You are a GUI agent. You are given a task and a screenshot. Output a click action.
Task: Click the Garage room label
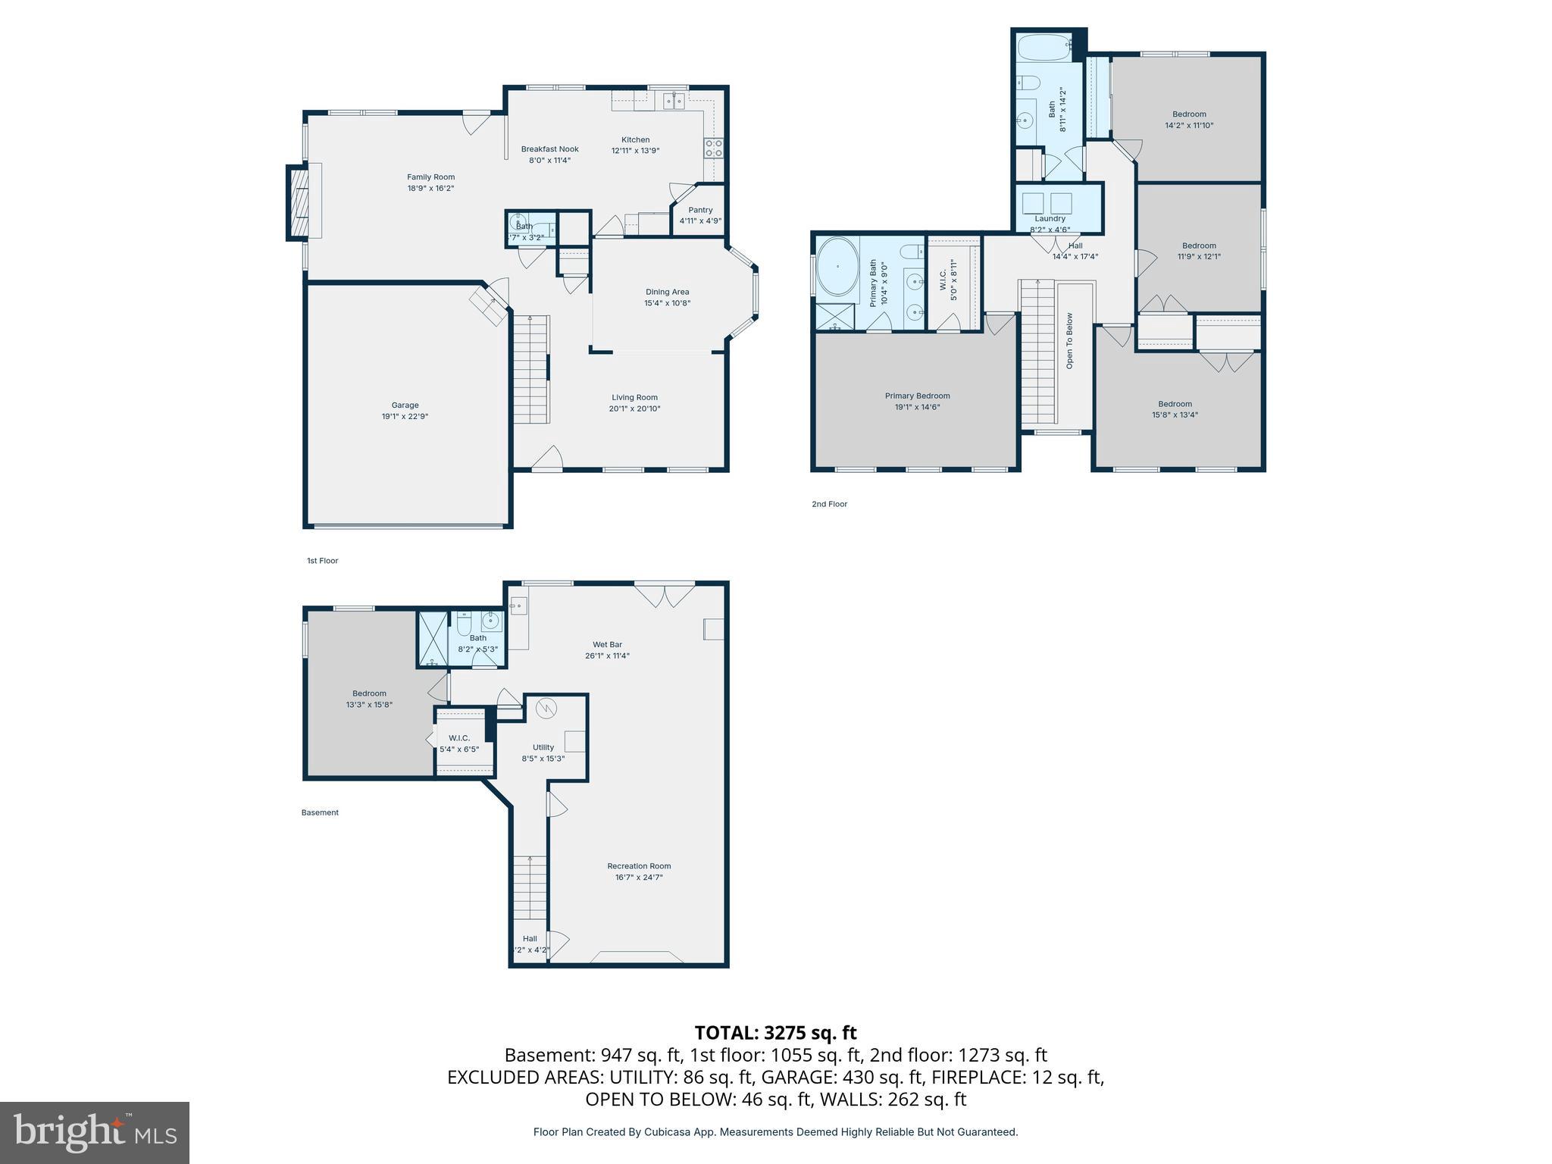coord(405,405)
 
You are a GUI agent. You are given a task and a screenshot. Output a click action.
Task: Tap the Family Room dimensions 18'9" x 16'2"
coord(430,189)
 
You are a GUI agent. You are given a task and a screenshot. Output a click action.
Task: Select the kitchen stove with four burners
coord(713,148)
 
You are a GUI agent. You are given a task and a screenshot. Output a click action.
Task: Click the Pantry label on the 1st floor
coord(700,211)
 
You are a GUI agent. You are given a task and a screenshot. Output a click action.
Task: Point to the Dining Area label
coord(667,292)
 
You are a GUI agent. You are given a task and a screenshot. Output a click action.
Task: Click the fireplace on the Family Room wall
coord(299,202)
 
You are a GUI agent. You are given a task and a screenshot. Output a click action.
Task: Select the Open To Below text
coord(1069,341)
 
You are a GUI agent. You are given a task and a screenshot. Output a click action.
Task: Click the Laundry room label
coord(1050,219)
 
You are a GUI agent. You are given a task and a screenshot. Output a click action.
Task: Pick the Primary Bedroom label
coord(917,396)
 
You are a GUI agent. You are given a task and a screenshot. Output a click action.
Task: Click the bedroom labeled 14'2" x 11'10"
coord(1189,120)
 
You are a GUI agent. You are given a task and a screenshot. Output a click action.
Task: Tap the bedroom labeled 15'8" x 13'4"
coord(1175,409)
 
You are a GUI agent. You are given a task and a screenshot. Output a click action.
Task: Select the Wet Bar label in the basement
coord(607,645)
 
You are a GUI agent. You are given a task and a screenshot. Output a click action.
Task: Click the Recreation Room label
coord(639,866)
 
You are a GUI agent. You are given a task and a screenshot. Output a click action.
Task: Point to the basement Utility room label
coord(543,748)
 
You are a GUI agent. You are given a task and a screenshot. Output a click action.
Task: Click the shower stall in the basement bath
coord(433,639)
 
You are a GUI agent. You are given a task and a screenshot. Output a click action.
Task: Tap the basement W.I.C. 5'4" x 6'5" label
coord(459,743)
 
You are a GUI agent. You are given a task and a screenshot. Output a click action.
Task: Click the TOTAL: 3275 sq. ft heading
coord(775,1033)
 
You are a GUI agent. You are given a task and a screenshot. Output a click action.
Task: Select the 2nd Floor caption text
coord(829,504)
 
